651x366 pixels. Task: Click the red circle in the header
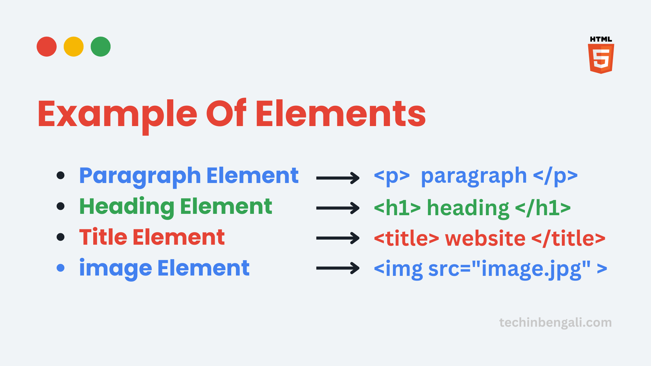point(46,46)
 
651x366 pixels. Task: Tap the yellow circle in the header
point(74,46)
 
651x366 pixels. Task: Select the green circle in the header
point(100,46)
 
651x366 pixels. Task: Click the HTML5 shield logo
point(601,55)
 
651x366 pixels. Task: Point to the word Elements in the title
point(341,113)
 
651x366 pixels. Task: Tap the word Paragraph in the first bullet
point(140,176)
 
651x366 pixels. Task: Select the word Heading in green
point(127,207)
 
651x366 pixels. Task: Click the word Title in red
point(103,237)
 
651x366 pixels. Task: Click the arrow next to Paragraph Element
point(338,178)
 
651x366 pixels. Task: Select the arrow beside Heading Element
point(338,208)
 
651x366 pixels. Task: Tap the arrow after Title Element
point(338,238)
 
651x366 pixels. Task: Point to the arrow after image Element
point(338,268)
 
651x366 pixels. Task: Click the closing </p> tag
point(555,176)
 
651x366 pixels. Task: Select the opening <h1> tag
point(397,208)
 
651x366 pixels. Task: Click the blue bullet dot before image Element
point(61,268)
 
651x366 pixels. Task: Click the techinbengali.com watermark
point(555,323)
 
